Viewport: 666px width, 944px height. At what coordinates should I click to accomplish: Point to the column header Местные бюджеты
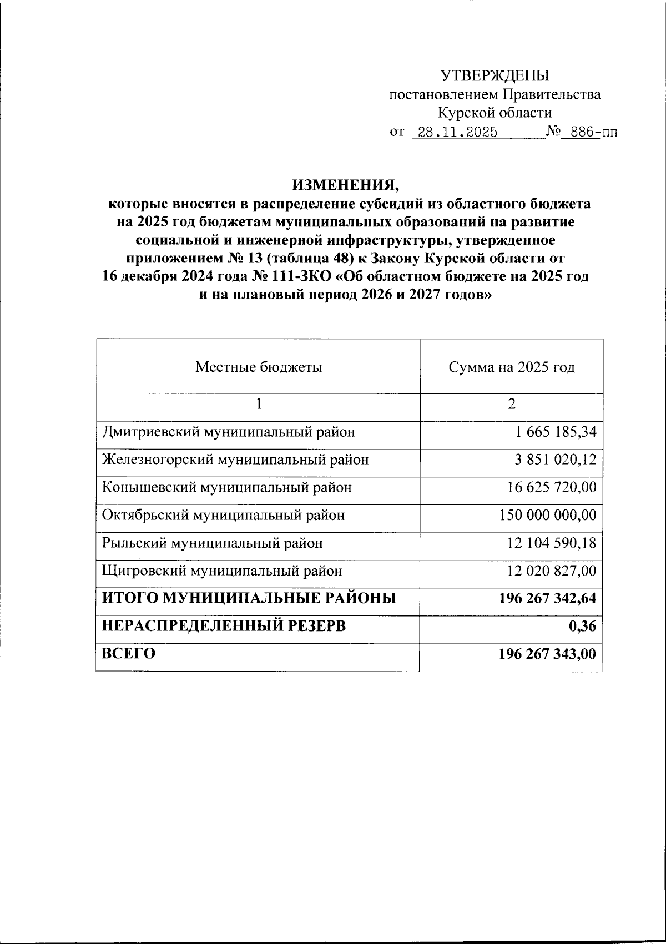[258, 367]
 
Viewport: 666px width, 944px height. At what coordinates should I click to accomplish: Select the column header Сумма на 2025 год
[511, 367]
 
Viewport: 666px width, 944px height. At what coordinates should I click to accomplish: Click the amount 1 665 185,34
[556, 431]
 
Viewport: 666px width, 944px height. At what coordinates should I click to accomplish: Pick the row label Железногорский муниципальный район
[235, 460]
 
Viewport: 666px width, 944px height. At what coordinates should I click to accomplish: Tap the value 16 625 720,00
[552, 487]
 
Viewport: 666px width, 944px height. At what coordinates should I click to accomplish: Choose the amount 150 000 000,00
[548, 515]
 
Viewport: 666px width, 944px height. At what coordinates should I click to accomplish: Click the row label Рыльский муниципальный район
[212, 543]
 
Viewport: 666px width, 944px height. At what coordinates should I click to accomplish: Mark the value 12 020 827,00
[552, 571]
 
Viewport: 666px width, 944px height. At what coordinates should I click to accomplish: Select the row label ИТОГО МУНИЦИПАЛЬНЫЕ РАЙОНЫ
[249, 598]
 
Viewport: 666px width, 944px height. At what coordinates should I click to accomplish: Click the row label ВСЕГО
[128, 654]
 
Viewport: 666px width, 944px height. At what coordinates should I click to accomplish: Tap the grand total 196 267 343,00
[548, 654]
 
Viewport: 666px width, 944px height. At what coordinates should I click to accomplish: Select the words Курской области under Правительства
[495, 113]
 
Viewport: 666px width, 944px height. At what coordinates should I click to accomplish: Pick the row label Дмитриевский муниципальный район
[228, 431]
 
